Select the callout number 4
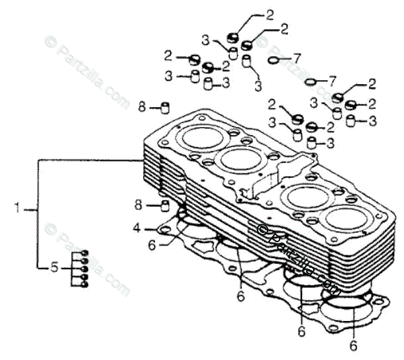click(136, 228)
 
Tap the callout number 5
click(54, 268)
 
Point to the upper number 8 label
click(141, 106)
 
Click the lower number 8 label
click(138, 203)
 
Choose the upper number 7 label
click(296, 58)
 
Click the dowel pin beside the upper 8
click(166, 106)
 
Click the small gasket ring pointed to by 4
click(161, 230)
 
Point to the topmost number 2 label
click(270, 13)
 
